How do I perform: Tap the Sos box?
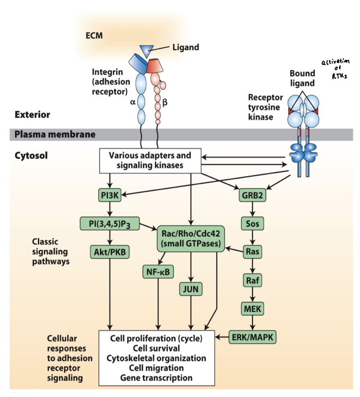[x=252, y=223]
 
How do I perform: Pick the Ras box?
[x=252, y=252]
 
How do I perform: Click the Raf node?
[x=252, y=280]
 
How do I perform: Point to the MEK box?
[x=252, y=308]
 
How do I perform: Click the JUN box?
[x=191, y=289]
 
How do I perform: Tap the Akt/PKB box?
[x=110, y=252]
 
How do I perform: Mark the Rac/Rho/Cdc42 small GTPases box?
[x=190, y=239]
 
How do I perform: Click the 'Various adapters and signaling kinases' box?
[x=150, y=161]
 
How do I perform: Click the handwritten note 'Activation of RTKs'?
[x=335, y=70]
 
